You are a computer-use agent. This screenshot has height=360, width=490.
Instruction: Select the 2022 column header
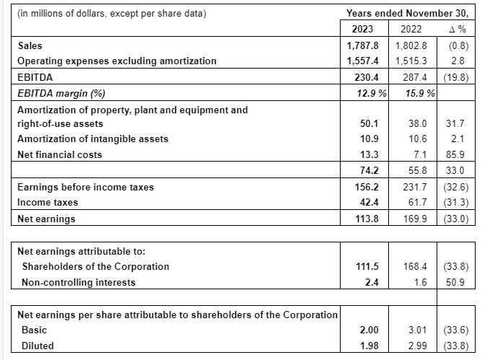click(x=410, y=30)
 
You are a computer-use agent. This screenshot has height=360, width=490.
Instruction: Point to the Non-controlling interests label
click(x=79, y=282)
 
